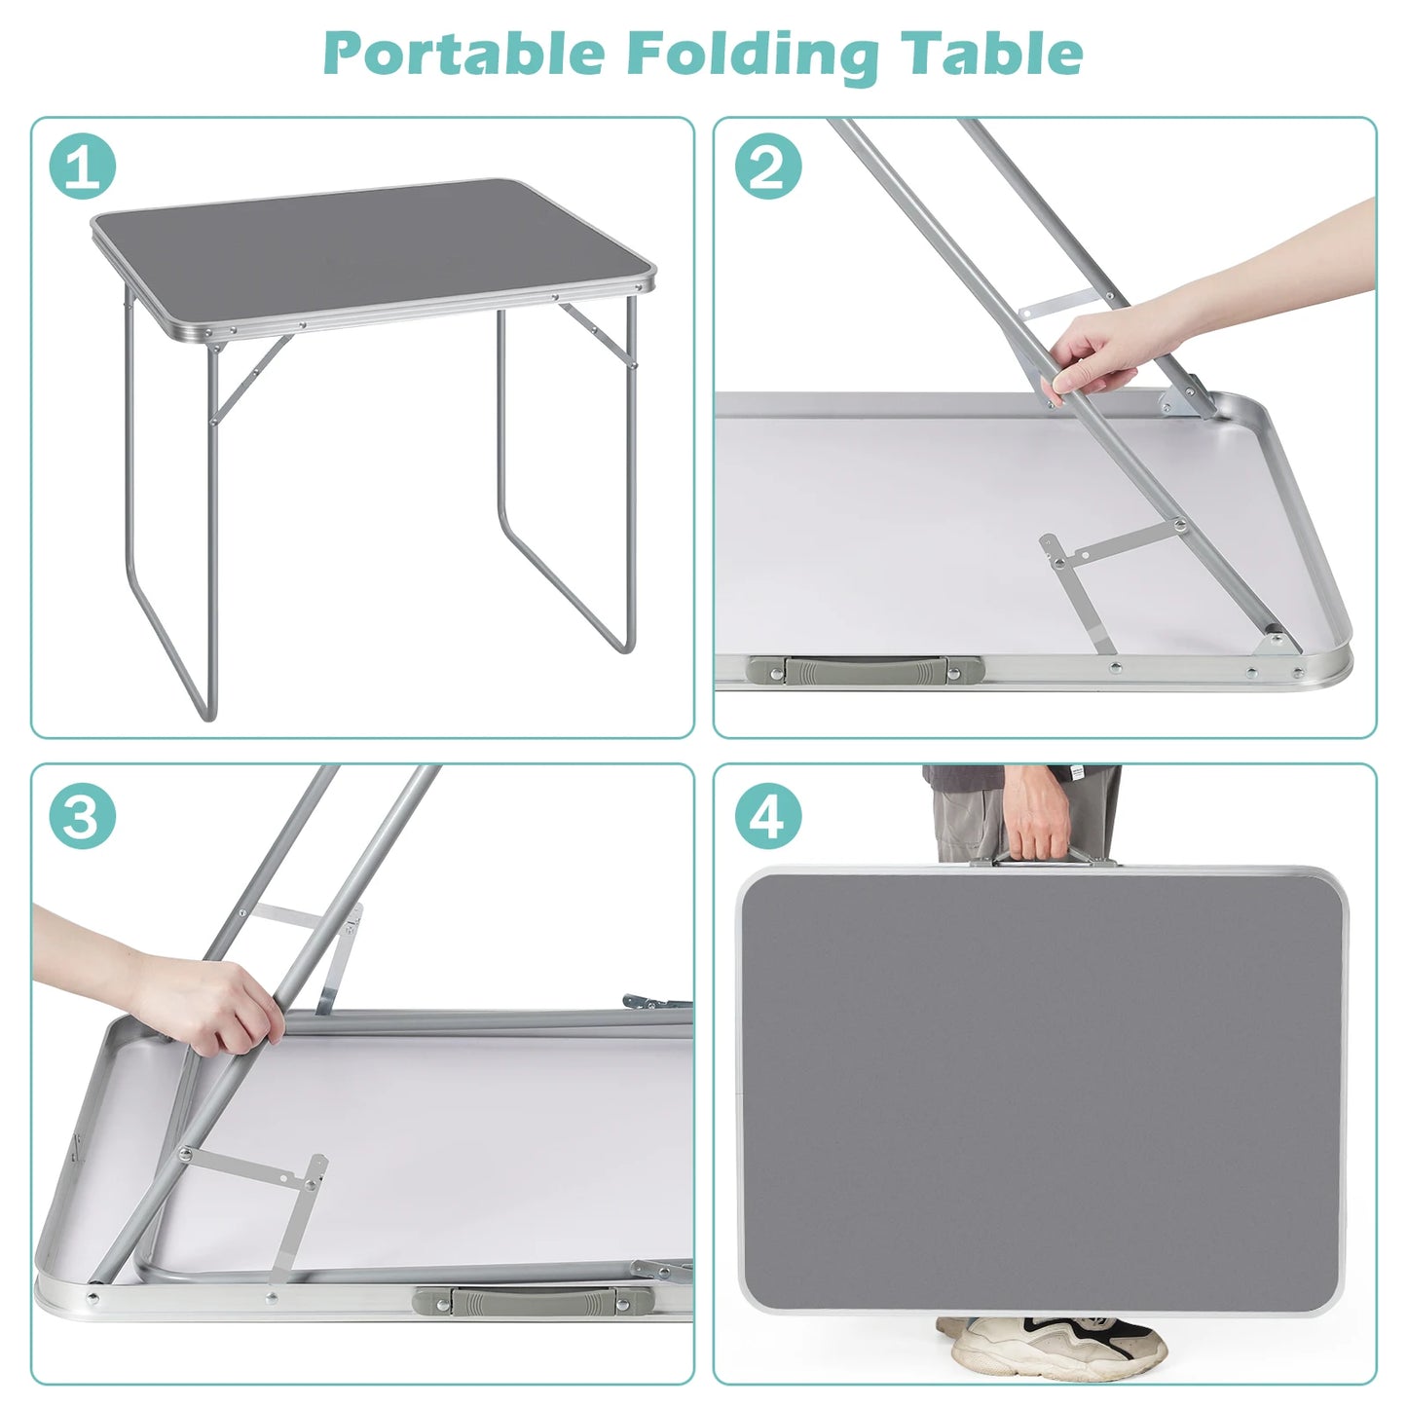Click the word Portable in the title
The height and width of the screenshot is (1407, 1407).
tap(463, 54)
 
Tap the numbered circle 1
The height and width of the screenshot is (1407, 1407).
tap(83, 167)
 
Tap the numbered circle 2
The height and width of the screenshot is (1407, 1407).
tap(768, 167)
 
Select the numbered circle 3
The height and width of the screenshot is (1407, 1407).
tap(83, 816)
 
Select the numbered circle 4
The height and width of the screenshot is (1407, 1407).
tap(768, 816)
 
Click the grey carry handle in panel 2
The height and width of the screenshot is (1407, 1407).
tap(864, 670)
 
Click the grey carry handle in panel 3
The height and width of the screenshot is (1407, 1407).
tap(533, 1301)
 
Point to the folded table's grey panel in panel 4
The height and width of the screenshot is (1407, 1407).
tap(1042, 1091)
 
